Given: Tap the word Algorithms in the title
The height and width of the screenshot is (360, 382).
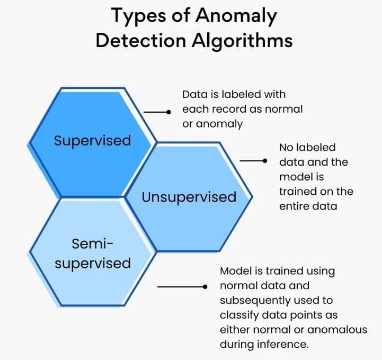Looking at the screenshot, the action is click(242, 41).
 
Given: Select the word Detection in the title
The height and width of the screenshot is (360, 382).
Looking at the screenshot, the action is click(141, 40).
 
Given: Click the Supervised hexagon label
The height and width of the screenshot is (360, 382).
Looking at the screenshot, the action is click(92, 141).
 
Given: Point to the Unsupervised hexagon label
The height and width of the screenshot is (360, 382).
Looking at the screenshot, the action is click(189, 197).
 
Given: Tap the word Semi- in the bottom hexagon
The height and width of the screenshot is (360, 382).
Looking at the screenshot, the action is click(93, 244).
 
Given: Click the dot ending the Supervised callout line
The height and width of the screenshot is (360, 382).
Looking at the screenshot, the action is click(168, 112).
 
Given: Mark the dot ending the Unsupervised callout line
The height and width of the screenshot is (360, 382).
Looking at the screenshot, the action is click(265, 160).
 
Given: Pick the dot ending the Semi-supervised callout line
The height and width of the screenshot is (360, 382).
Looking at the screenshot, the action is click(205, 287).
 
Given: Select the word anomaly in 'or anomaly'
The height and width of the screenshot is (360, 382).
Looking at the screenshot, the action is click(219, 124).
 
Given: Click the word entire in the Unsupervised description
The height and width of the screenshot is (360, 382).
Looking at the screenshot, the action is click(291, 206).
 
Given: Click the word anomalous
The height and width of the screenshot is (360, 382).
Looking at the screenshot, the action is click(337, 330).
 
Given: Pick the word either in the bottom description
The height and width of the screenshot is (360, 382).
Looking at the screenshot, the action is click(235, 330).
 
